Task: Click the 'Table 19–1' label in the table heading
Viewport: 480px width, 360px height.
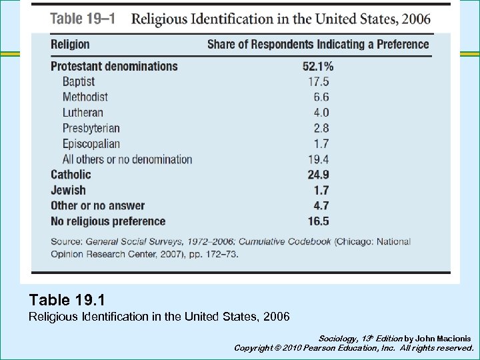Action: pyautogui.click(x=83, y=19)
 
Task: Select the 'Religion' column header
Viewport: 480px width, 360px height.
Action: pyautogui.click(x=70, y=45)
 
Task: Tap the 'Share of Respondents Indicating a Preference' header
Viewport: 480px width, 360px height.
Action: pyautogui.click(x=318, y=45)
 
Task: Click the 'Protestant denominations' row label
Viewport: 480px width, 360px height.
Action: pyautogui.click(x=114, y=66)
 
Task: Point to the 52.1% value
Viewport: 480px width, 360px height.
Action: pyautogui.click(x=317, y=66)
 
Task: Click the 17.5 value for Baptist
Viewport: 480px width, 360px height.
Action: pyautogui.click(x=318, y=81)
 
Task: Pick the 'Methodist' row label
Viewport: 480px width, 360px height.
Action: pyautogui.click(x=85, y=97)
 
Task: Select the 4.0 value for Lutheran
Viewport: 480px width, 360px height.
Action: pyautogui.click(x=320, y=113)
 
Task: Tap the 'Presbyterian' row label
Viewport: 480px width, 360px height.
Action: pyautogui.click(x=91, y=128)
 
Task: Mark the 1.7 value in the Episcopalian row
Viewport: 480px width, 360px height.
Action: pyautogui.click(x=320, y=143)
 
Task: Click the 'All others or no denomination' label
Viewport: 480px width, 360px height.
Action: pyautogui.click(x=127, y=159)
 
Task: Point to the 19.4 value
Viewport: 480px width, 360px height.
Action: pyautogui.click(x=318, y=159)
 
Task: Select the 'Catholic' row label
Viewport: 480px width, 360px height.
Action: pyautogui.click(x=71, y=175)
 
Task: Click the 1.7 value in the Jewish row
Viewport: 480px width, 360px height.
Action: pyautogui.click(x=320, y=191)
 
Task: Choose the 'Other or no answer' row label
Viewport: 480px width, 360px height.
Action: pyautogui.click(x=97, y=206)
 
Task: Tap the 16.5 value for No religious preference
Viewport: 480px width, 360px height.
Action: pyautogui.click(x=318, y=221)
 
